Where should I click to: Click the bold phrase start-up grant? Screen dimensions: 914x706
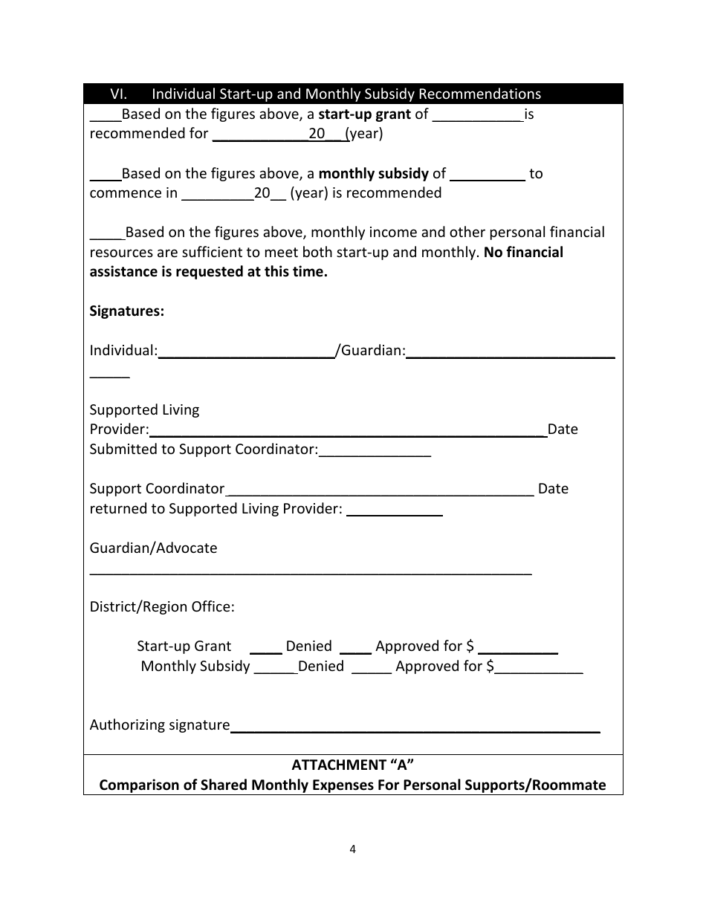pos(364,114)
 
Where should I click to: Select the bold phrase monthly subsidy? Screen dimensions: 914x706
pos(373,174)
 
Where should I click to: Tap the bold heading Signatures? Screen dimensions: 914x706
pos(127,311)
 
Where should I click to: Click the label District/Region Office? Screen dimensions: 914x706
pos(162,607)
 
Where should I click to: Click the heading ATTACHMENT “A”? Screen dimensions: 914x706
pos(353,765)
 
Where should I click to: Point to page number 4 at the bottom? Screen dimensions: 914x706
pos(353,850)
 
